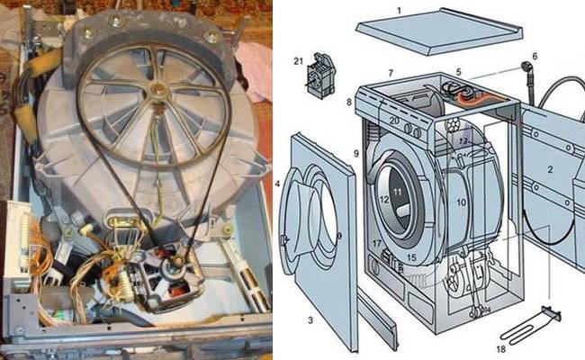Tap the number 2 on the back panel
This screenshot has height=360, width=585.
[550, 169]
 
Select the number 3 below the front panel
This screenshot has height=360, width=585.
[309, 320]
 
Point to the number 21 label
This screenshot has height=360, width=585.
[299, 60]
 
